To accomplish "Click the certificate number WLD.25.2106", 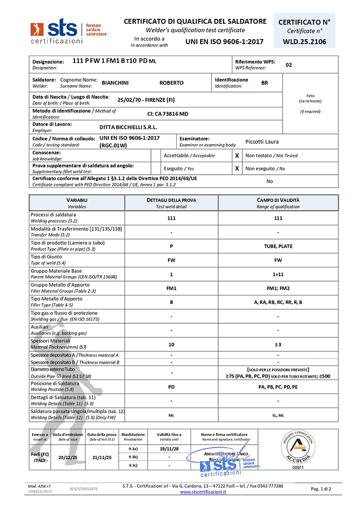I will click(304, 42).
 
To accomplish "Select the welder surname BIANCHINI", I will click(115, 83).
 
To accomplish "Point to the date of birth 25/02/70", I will click(131, 100).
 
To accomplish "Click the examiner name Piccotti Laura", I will click(262, 142).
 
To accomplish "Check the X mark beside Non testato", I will click(237, 156).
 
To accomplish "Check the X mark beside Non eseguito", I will click(237, 168).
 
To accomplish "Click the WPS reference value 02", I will click(289, 64).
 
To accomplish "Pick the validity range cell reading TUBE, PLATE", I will click(278, 246).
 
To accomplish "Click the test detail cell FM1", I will click(171, 288).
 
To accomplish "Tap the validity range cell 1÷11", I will click(278, 274).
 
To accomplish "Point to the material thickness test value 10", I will click(171, 344).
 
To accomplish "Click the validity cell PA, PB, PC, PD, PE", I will click(278, 387).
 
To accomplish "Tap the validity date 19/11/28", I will click(169, 449).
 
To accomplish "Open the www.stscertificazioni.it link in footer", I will click(203, 492).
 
